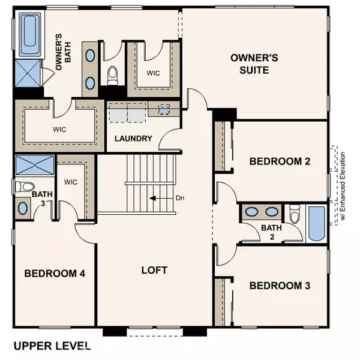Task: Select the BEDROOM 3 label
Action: click(280, 286)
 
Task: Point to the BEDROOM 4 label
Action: click(55, 274)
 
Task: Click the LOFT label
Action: click(154, 269)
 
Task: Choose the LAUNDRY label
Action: click(133, 139)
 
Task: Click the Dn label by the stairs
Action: click(180, 197)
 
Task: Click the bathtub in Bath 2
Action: click(316, 223)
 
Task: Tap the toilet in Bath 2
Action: click(294, 214)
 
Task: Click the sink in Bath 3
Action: click(23, 208)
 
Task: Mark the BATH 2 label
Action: click(268, 232)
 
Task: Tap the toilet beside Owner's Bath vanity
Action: click(112, 75)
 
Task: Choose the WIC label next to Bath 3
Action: click(71, 181)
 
